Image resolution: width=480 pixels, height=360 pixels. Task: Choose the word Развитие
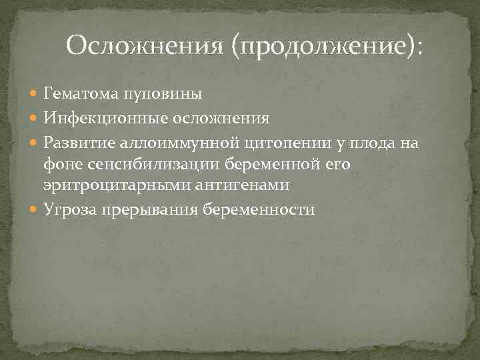[80, 142]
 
